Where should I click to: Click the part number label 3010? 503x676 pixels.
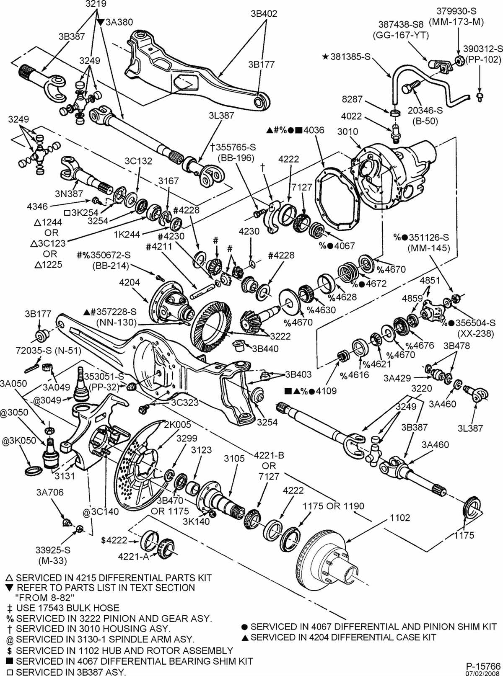click(347, 132)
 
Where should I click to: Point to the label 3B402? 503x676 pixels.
click(264, 13)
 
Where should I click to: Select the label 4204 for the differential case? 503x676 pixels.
click(130, 282)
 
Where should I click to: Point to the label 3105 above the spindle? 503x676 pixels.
click(234, 458)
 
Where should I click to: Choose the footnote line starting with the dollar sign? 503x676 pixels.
click(119, 650)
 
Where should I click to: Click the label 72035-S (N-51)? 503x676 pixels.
click(54, 350)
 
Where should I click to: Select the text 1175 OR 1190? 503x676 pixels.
click(333, 506)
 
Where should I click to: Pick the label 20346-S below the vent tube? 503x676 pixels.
click(424, 111)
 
